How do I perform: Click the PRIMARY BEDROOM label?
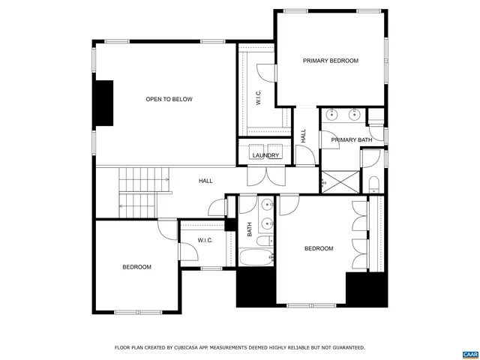[331, 61]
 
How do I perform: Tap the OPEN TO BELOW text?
[169, 99]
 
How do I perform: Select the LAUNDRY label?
[265, 156]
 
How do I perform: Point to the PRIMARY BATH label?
[352, 140]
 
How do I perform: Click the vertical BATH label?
[250, 231]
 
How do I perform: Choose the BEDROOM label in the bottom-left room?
[136, 267]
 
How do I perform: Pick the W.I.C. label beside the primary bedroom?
[257, 98]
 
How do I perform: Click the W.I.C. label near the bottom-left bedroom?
[205, 241]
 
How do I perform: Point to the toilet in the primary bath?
[373, 184]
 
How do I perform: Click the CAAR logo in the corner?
[470, 353]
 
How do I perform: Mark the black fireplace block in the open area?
[103, 103]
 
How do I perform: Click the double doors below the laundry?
[266, 175]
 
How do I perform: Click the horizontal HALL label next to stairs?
[205, 181]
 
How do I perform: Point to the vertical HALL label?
[304, 136]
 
